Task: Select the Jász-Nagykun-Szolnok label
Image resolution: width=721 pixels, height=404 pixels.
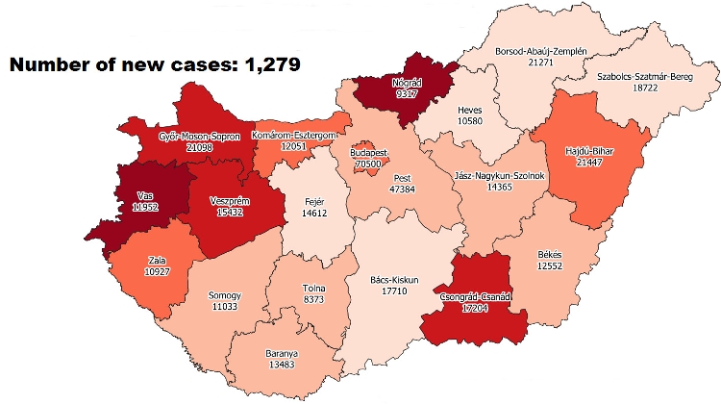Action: tap(497, 176)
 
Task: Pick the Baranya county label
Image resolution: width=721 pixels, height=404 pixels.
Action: tap(282, 353)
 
